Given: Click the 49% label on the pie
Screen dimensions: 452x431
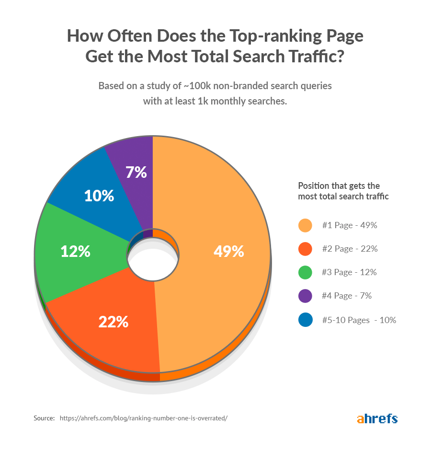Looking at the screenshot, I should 228,251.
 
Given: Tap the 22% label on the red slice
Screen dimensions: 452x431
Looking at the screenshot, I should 113,322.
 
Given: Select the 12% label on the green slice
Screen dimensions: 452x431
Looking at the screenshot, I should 75,251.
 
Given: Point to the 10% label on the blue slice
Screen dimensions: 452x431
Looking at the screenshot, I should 99,196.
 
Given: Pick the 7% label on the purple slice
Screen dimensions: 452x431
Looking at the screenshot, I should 136,172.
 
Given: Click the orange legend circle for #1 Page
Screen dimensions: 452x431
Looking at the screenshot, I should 305,225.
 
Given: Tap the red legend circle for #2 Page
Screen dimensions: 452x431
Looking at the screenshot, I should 305,249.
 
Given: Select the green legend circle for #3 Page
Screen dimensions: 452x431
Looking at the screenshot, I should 305,272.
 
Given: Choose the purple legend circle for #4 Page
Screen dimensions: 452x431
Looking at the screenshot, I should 305,296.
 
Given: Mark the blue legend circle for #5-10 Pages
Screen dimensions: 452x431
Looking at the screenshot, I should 305,320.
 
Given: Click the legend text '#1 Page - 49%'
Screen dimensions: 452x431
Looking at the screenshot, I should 350,225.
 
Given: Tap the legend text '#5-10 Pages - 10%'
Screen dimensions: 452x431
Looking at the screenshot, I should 359,320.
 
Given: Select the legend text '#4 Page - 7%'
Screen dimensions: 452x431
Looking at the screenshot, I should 347,296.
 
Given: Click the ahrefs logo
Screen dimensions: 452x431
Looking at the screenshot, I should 377,418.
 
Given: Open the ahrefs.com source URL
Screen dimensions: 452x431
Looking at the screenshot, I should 143,418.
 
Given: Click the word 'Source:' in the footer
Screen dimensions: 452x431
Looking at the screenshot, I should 44,418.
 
